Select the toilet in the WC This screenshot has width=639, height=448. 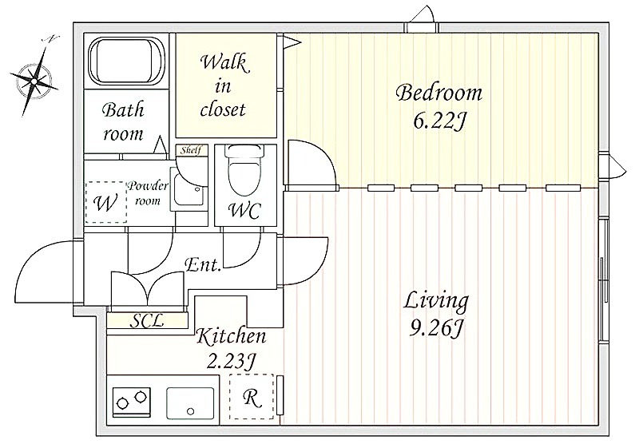tap(245, 171)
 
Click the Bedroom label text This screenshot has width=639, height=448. tap(439, 93)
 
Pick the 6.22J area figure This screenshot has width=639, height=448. tap(439, 121)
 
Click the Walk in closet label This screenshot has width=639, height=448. tap(223, 86)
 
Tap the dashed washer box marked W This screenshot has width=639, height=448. tap(105, 202)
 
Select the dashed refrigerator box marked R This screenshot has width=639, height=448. tap(252, 397)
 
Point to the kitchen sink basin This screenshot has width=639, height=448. tap(190, 403)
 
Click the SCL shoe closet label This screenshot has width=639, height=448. tap(147, 321)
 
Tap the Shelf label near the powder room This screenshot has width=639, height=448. tap(192, 150)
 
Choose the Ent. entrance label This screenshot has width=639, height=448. tap(203, 265)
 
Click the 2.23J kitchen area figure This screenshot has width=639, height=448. tap(231, 361)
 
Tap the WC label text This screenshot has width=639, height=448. tap(244, 211)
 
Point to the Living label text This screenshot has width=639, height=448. tap(436, 302)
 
